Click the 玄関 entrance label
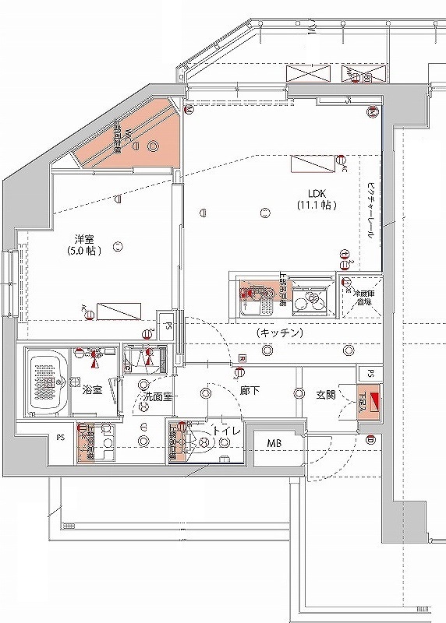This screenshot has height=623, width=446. click(325, 395)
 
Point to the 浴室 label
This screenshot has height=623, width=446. click(92, 389)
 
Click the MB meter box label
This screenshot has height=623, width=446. click(275, 444)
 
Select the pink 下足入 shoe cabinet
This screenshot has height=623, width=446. click(366, 403)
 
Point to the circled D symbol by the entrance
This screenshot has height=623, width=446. click(370, 442)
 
